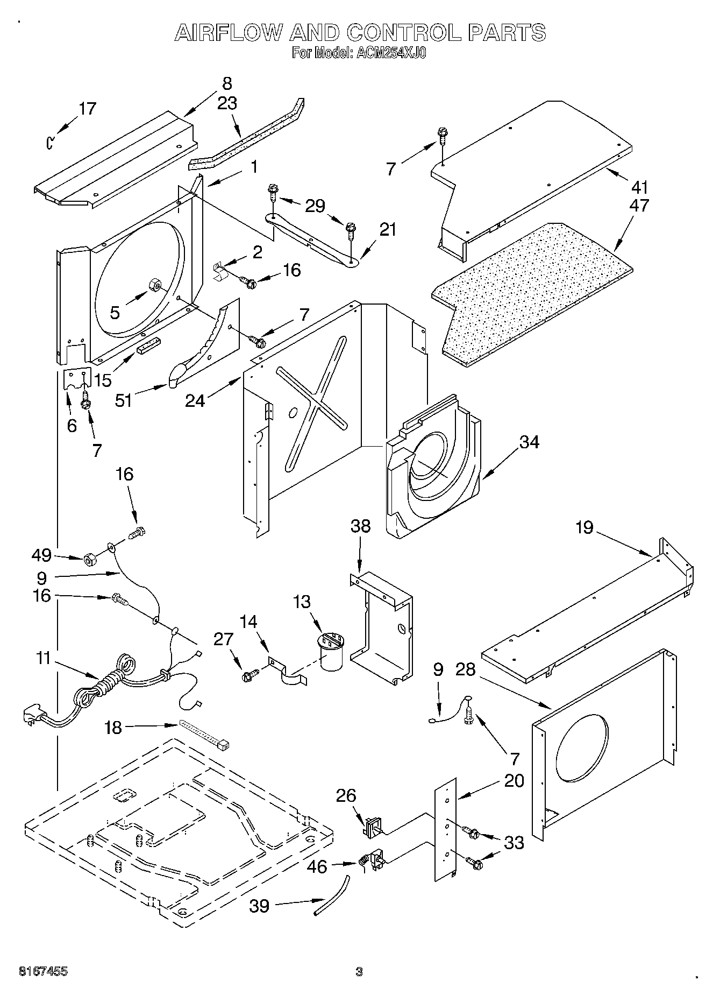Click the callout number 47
point(640,206)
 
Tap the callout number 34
point(529,442)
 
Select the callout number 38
point(361,526)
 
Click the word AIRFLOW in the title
point(228,32)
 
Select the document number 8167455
point(43,972)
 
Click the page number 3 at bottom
point(359,972)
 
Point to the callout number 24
point(195,400)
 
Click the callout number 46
point(318,867)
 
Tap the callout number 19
point(584,527)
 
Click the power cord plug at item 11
point(31,716)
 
